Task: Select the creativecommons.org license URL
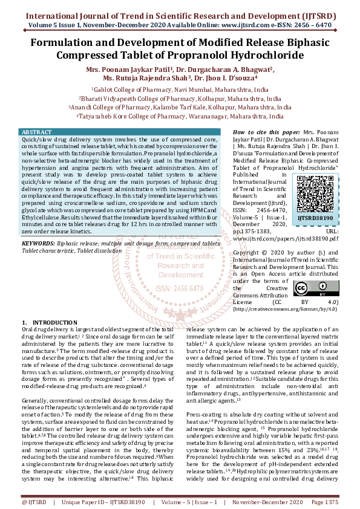pos(285,310)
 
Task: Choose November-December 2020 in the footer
pos(269,502)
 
